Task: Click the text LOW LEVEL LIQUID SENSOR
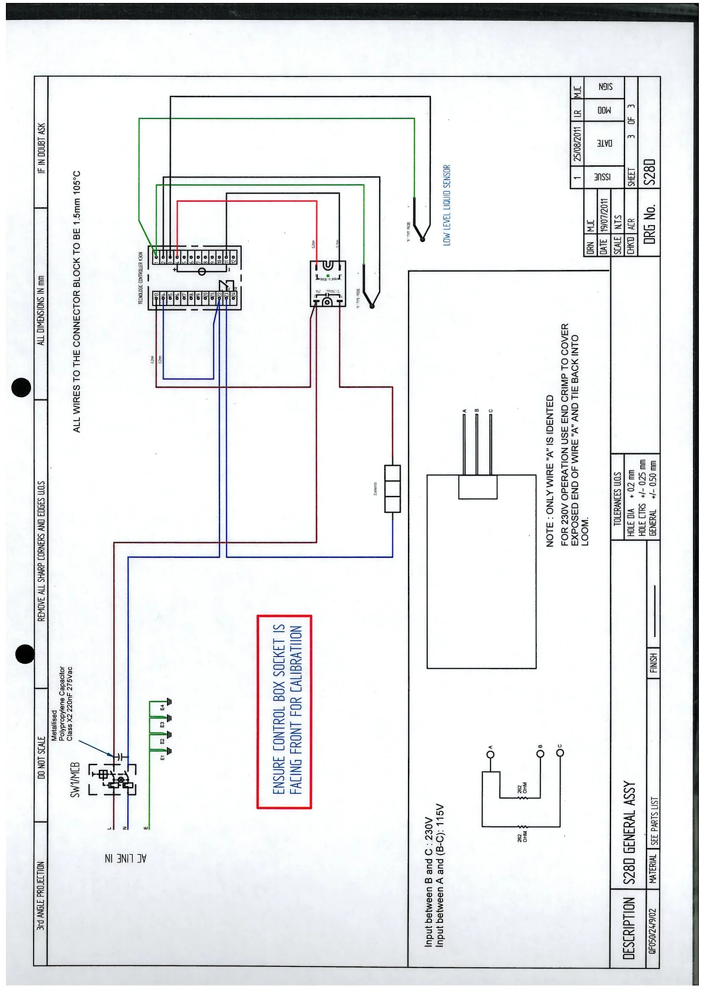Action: pos(447,205)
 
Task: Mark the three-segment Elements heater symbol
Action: pos(392,489)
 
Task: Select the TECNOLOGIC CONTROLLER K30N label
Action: pos(140,278)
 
